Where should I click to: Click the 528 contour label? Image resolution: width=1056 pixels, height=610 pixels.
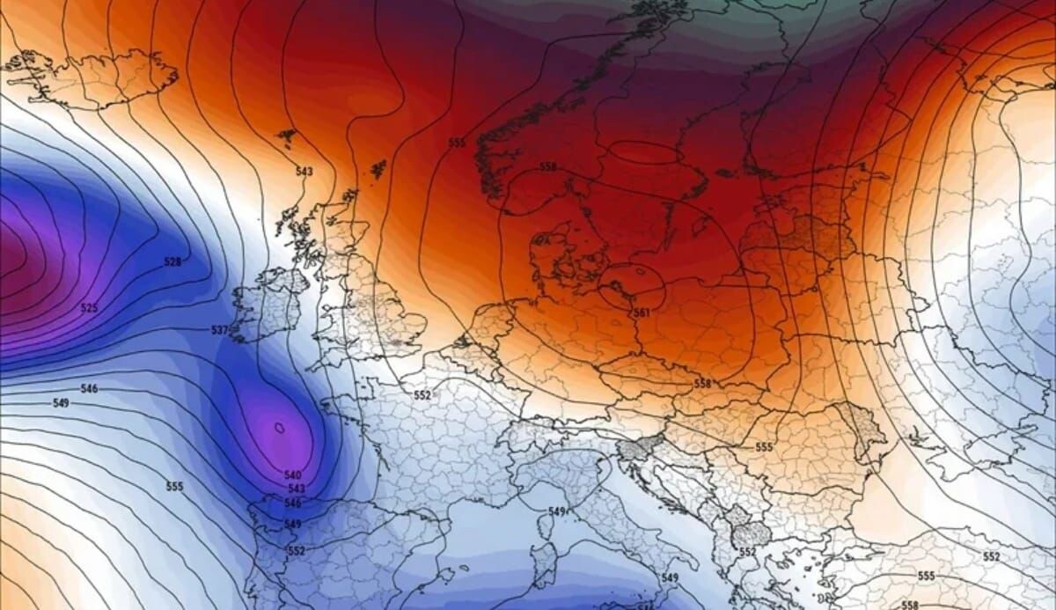click(172, 262)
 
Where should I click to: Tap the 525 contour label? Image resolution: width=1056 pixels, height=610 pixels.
click(89, 308)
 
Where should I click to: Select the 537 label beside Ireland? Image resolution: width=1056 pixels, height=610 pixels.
click(219, 330)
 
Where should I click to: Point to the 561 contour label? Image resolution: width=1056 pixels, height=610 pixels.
click(642, 312)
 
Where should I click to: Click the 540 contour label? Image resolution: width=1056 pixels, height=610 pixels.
click(294, 475)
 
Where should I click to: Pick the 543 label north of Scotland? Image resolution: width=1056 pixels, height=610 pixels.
click(304, 171)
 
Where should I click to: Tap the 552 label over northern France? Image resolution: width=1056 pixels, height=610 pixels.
click(422, 395)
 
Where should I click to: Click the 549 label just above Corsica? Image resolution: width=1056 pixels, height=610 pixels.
click(556, 511)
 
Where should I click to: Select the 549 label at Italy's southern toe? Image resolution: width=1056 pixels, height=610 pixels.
click(670, 577)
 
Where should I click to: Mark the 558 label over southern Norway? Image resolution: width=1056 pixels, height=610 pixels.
click(548, 166)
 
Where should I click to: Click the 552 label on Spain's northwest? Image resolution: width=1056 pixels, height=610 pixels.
click(297, 551)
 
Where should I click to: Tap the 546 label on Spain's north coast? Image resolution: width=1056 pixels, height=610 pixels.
click(293, 503)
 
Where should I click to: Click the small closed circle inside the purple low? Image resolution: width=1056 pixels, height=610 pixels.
click(280, 429)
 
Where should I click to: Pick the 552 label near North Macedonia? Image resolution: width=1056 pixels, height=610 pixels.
click(748, 551)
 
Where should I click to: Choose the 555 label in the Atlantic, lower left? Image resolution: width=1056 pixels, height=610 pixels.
click(175, 486)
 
